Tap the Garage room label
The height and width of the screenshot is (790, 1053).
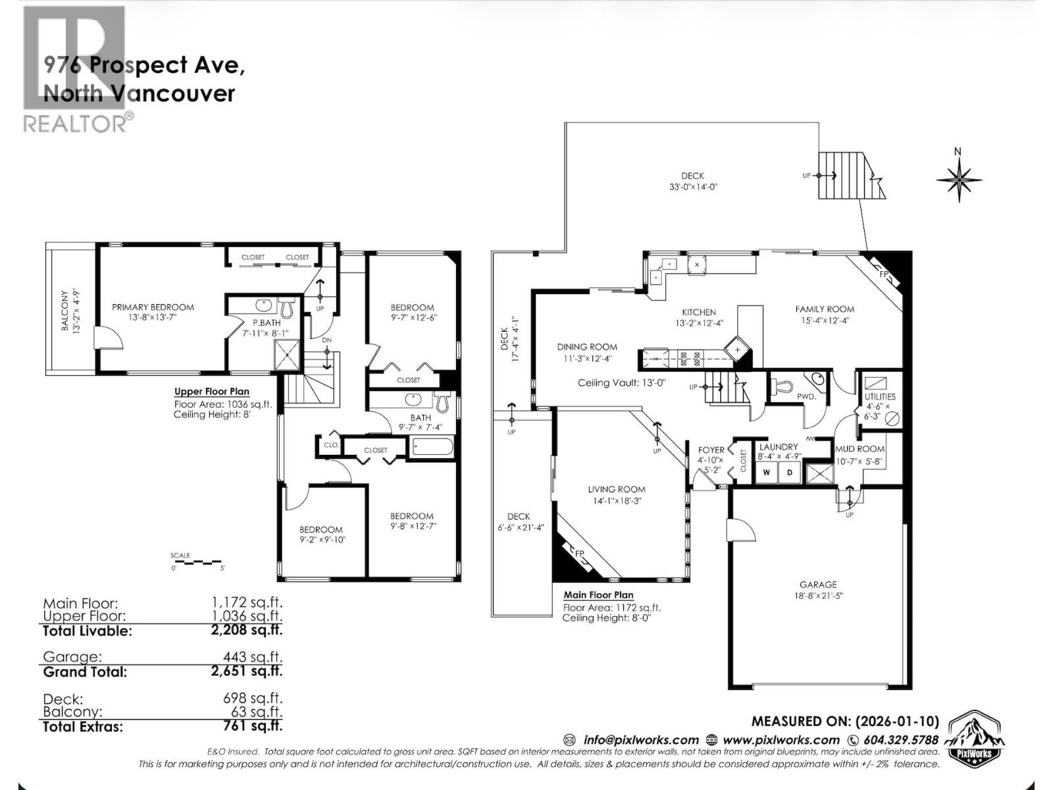[818, 585]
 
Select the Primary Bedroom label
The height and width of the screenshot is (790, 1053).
[153, 307]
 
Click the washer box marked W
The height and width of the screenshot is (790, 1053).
[766, 473]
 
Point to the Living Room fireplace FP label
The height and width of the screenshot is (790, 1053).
[580, 553]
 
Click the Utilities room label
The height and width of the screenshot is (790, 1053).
[880, 397]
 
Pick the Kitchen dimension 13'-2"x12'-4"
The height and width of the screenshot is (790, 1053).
[698, 323]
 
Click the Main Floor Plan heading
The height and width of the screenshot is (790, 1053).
[598, 595]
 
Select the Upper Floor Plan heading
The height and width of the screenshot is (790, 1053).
[211, 392]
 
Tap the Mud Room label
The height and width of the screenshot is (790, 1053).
[860, 449]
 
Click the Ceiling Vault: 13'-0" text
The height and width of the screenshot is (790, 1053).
[622, 383]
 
